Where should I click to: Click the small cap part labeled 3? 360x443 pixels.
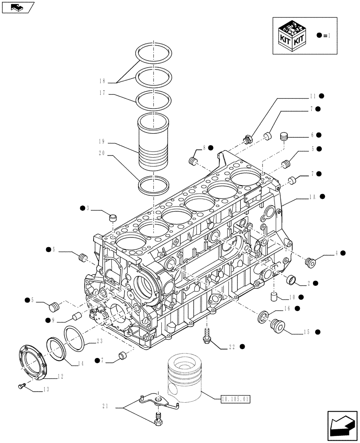click(113, 218)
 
